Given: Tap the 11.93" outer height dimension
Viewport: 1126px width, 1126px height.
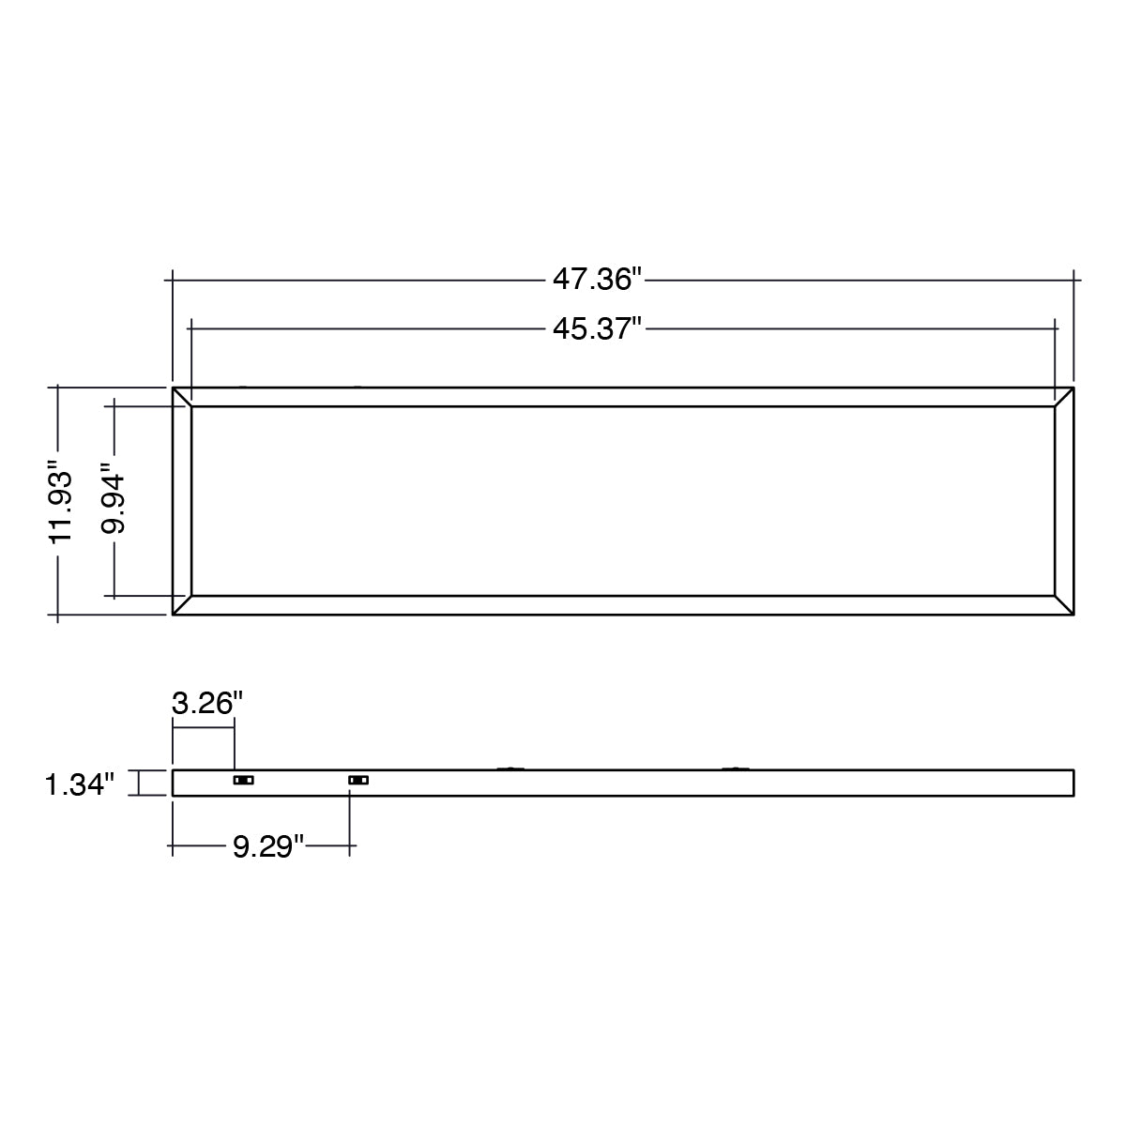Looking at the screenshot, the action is coord(61,500).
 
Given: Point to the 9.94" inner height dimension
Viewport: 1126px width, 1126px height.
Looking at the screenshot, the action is coord(113,498).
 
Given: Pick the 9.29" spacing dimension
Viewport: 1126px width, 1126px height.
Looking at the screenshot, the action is coord(268,846).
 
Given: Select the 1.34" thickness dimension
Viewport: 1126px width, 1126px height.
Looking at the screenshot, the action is coord(80,784).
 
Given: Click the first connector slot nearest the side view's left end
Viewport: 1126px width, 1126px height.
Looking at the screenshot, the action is coord(244,780).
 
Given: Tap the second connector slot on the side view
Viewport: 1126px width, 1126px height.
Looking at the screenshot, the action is coord(358,780).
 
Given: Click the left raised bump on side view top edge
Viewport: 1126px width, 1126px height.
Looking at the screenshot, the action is coord(510,768).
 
